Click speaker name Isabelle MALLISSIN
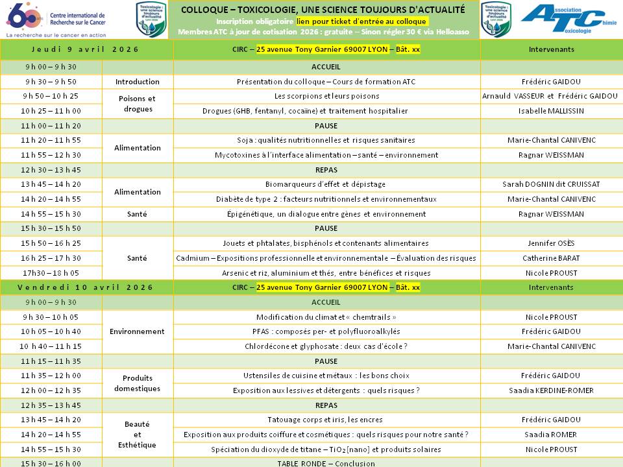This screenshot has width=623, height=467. click(550, 111)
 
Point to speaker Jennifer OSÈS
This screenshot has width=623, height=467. click(550, 244)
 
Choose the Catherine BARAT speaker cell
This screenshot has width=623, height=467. click(550, 258)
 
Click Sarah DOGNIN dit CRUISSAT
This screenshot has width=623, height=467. click(550, 184)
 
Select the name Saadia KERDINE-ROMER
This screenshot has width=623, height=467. click(550, 390)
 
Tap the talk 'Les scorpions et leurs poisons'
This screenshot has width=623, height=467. click(326, 96)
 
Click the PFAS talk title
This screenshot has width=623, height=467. click(326, 331)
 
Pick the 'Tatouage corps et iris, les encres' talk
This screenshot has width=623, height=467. click(326, 420)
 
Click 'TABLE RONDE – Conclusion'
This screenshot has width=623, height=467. click(326, 463)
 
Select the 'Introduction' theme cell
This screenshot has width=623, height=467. click(137, 82)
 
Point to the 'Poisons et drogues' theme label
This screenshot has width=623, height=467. click(137, 104)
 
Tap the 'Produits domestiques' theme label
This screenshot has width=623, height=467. click(137, 383)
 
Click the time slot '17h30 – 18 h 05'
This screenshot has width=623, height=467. click(51, 273)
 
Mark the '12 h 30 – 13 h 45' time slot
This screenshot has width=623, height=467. click(51, 170)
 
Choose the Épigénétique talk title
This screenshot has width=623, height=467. click(326, 214)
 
